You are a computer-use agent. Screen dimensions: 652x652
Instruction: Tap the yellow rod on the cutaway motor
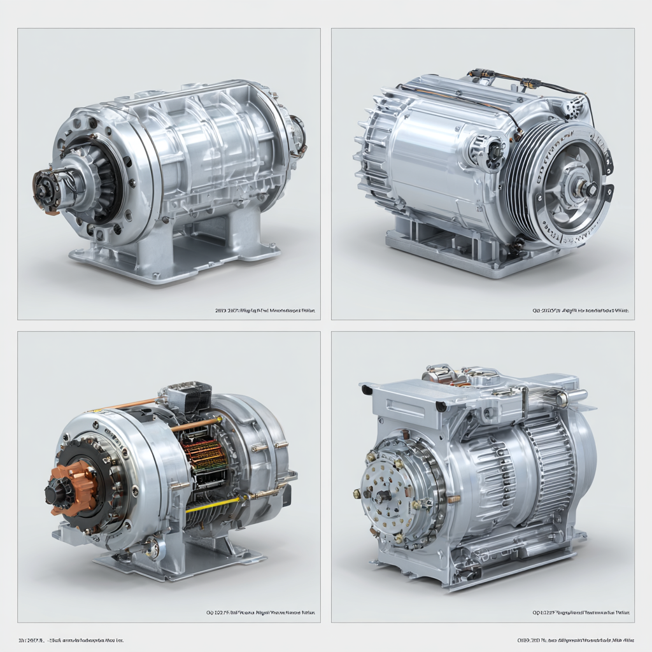(213, 506)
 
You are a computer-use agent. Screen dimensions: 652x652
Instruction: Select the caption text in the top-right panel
(580, 311)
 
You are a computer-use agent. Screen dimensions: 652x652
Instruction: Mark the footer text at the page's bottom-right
(577, 639)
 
